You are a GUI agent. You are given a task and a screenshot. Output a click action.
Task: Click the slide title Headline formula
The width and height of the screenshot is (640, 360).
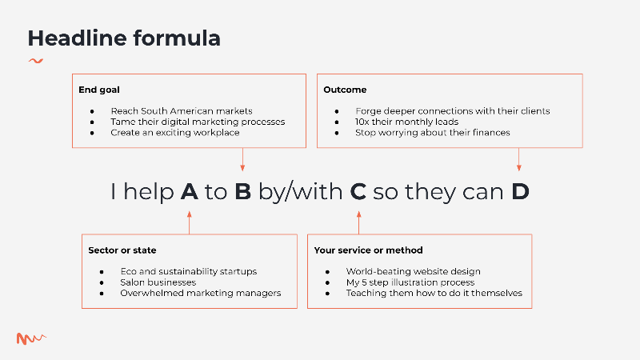[x=124, y=38]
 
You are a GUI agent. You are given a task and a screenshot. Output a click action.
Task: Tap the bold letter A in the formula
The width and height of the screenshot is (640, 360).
[x=190, y=191]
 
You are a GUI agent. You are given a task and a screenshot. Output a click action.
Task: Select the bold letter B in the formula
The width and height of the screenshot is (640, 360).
[x=243, y=191]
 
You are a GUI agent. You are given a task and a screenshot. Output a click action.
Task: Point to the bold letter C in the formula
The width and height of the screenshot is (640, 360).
[x=358, y=191]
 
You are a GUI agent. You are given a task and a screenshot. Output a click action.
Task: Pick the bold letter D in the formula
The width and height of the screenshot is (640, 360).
[x=521, y=191]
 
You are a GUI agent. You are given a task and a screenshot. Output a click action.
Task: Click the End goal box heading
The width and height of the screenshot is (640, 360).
[x=99, y=90]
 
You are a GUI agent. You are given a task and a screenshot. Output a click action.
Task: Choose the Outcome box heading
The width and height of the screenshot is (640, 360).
[x=345, y=90]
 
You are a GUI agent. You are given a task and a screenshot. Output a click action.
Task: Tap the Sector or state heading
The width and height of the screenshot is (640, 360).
[x=122, y=250]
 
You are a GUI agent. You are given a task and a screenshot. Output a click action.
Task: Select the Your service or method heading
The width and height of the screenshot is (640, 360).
[x=368, y=250]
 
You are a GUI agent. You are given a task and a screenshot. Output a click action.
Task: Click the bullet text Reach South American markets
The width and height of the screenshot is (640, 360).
[x=182, y=111]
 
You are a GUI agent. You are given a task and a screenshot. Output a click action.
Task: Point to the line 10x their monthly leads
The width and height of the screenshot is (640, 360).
[x=406, y=122]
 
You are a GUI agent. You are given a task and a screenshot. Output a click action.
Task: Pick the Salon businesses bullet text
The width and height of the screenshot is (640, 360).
[x=158, y=282]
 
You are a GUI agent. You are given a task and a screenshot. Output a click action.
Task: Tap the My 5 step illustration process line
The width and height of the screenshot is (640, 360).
[x=410, y=282]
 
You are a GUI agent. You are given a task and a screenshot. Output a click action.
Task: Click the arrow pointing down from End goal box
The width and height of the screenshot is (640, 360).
[x=242, y=159]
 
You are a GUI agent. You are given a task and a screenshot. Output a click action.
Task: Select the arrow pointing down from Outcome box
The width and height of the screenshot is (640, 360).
[x=518, y=159]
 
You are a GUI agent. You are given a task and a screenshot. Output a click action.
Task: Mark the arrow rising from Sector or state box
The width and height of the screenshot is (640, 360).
[x=190, y=222]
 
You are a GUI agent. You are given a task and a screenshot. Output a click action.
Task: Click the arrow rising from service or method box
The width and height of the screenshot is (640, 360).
[x=358, y=222]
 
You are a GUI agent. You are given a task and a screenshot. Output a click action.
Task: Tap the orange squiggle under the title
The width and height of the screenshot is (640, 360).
[x=36, y=62]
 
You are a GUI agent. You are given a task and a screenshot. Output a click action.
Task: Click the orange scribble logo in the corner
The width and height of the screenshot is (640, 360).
[x=31, y=338]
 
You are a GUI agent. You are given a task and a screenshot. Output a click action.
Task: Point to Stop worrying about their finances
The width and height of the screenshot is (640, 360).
[x=432, y=133]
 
